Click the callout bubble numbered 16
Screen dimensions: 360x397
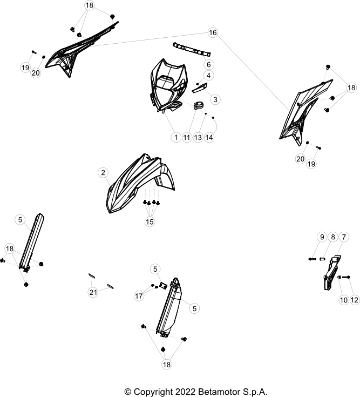pos(213,32)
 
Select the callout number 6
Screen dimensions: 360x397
pos(209,65)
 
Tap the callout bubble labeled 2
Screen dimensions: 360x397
pos(103,173)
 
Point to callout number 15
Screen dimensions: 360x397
pos(150,222)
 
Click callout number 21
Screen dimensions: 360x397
pos(93,292)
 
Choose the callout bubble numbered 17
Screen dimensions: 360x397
pos(139,296)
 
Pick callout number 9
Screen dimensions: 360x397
pos(322,237)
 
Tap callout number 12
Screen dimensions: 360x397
pos(355,300)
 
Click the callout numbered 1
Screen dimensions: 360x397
pos(176,137)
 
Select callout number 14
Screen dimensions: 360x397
pos(209,137)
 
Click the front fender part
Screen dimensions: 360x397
pos(140,184)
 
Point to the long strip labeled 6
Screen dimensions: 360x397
pos(192,49)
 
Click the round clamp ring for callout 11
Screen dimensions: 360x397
pos(199,105)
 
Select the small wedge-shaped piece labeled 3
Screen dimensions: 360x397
pos(200,88)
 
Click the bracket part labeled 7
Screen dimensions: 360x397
pos(331,272)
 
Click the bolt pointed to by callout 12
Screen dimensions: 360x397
pos(346,277)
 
